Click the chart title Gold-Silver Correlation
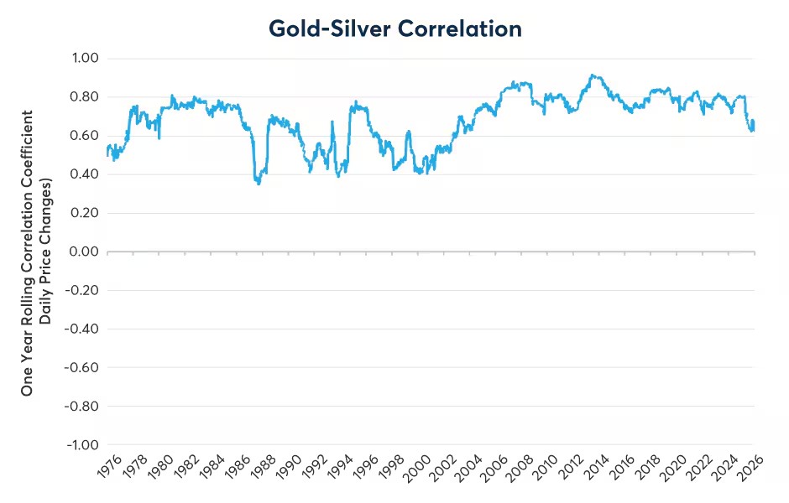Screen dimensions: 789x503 pyautogui.click(x=395, y=29)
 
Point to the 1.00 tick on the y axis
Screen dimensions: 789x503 pyautogui.click(x=85, y=58)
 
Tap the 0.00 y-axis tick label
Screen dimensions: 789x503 pyautogui.click(x=84, y=251)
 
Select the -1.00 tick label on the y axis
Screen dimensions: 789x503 pyautogui.click(x=82, y=444)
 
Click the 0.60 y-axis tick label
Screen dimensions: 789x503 pyautogui.click(x=84, y=135)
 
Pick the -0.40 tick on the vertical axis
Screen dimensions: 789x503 pyautogui.click(x=81, y=329)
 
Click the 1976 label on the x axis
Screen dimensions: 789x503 pyautogui.click(x=109, y=467)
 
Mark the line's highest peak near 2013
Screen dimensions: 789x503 pyautogui.click(x=593, y=75)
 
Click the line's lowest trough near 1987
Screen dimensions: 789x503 pyautogui.click(x=259, y=184)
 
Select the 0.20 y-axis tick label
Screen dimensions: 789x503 pyautogui.click(x=84, y=213)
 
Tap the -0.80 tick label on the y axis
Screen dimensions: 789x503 pyautogui.click(x=81, y=406)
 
